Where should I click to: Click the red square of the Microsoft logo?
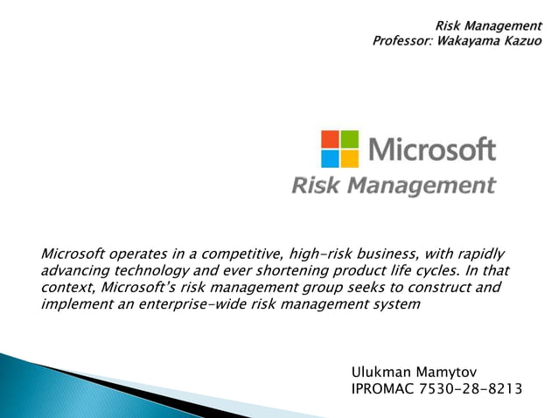(x=331, y=139)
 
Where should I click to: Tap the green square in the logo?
(x=349, y=139)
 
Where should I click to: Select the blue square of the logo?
(x=331, y=157)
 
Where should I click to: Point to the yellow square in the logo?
(x=349, y=157)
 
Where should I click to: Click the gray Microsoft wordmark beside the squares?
(x=431, y=149)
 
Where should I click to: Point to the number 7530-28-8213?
(x=474, y=389)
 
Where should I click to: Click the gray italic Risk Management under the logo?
(x=393, y=185)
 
